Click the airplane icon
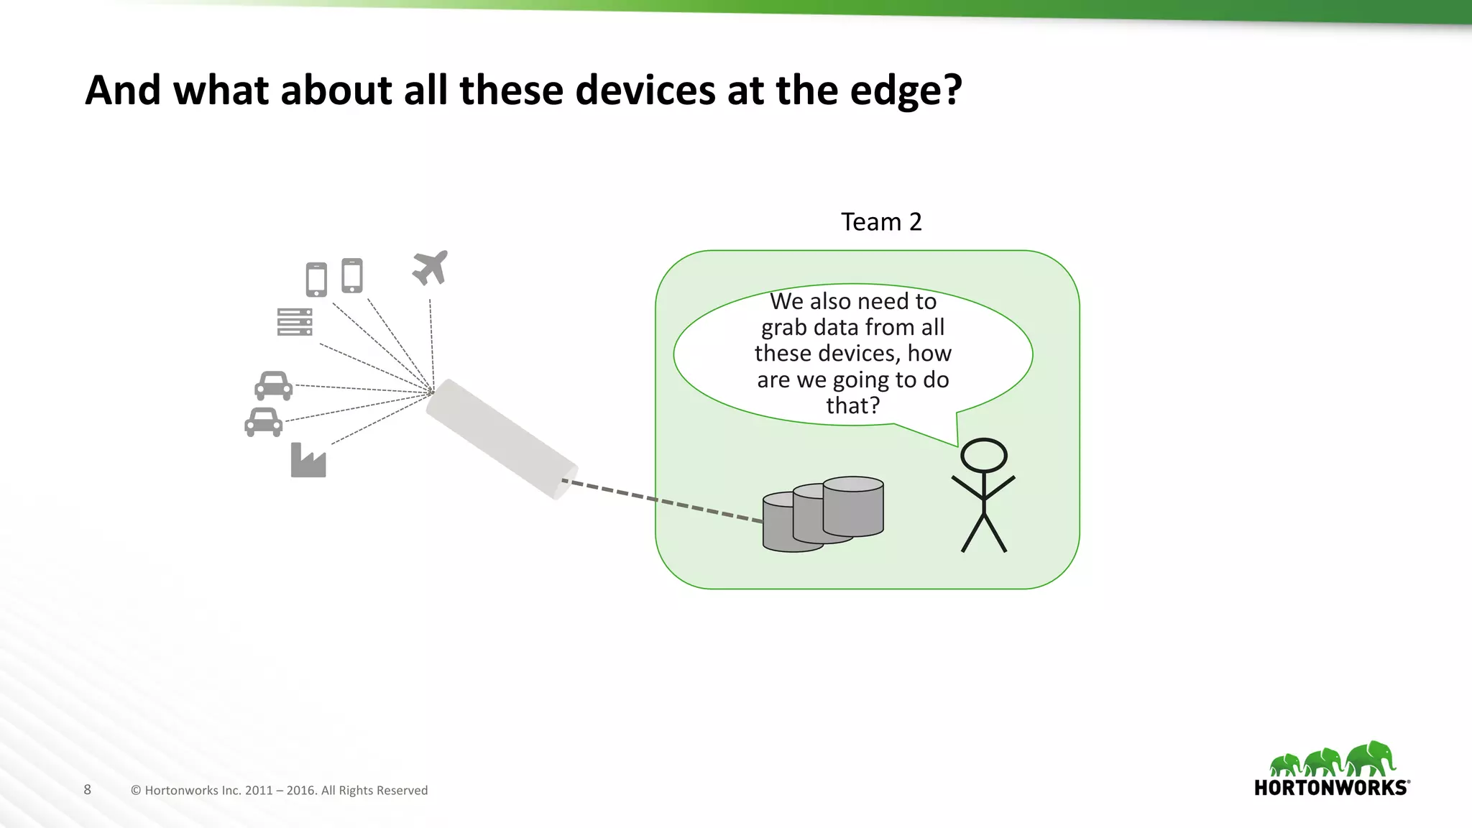[431, 268]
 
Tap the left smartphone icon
[316, 280]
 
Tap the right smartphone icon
[352, 275]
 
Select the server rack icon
[295, 322]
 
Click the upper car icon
[274, 386]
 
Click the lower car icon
[264, 423]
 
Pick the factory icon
[308, 461]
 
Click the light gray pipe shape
[502, 438]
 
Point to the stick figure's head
[984, 456]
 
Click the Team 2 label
[881, 222]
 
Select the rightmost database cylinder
[854, 507]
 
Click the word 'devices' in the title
[645, 91]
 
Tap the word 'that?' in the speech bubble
[853, 405]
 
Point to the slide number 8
[88, 790]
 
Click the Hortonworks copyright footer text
[279, 791]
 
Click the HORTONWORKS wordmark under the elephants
[1331, 788]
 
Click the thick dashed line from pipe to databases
[661, 500]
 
